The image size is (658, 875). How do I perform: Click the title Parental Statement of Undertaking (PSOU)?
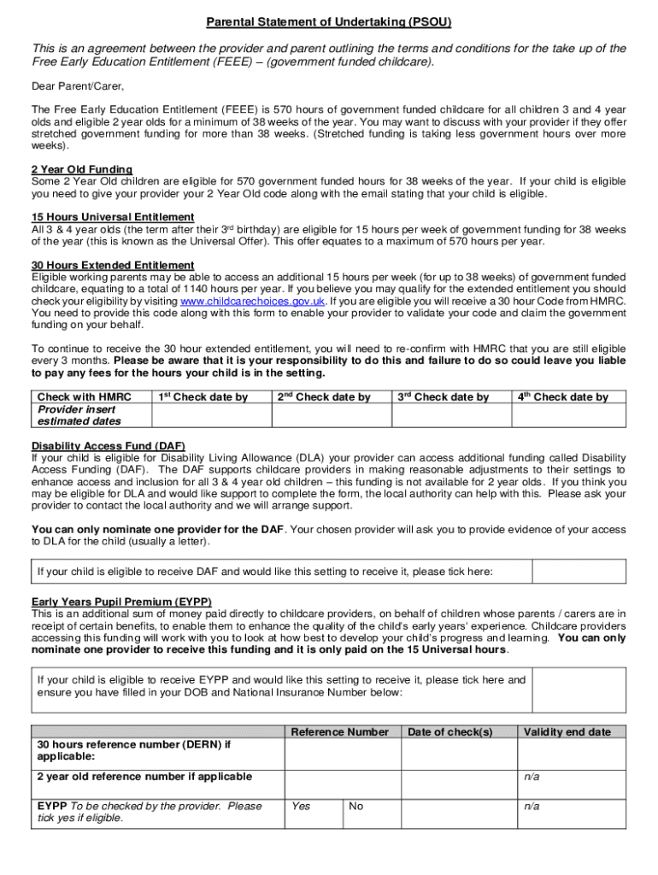point(328,21)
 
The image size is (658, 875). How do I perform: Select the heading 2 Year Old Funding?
point(82,169)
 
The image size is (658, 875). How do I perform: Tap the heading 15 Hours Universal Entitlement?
point(113,217)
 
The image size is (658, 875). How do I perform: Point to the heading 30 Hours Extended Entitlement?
point(113,265)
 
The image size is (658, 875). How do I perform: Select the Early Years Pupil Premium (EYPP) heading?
point(121,601)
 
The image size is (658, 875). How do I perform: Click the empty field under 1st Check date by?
point(210,414)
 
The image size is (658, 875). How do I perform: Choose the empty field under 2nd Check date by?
point(331,414)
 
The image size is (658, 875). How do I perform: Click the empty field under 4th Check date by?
point(568,414)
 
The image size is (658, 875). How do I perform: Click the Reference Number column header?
point(339,731)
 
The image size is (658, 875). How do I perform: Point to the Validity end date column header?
point(567,731)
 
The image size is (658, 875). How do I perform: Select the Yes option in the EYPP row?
point(302,806)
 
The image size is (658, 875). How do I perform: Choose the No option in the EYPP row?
point(356,806)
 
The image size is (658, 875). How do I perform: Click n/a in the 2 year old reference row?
point(532,776)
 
